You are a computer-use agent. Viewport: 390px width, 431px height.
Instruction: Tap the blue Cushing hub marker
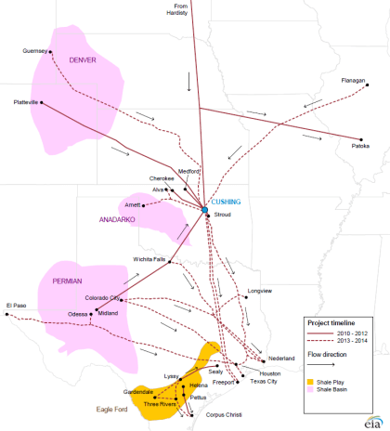tap(205, 211)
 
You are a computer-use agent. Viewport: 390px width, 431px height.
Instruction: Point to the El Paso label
tap(16, 305)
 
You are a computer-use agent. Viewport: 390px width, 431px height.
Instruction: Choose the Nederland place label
tap(281, 359)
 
